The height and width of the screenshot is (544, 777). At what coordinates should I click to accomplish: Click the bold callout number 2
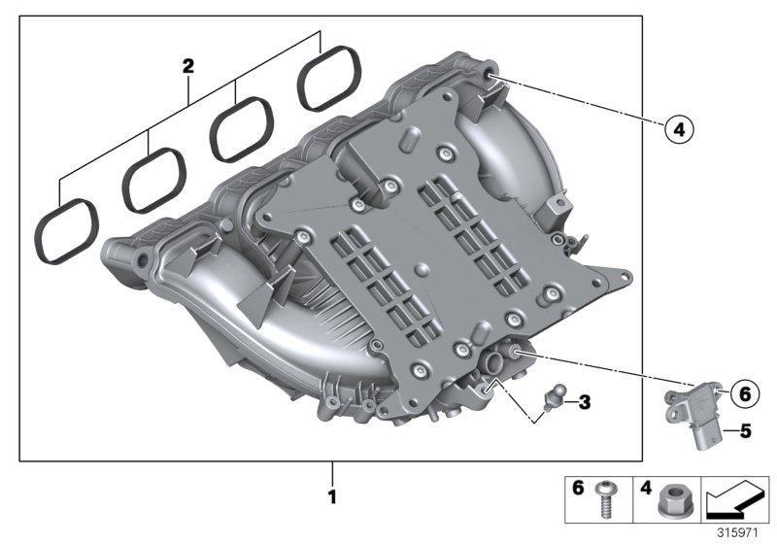point(187,67)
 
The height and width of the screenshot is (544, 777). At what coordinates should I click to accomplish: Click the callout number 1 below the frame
point(333,496)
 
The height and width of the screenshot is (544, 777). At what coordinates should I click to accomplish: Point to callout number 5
point(742,427)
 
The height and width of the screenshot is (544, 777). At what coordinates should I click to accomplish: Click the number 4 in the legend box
point(645,489)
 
